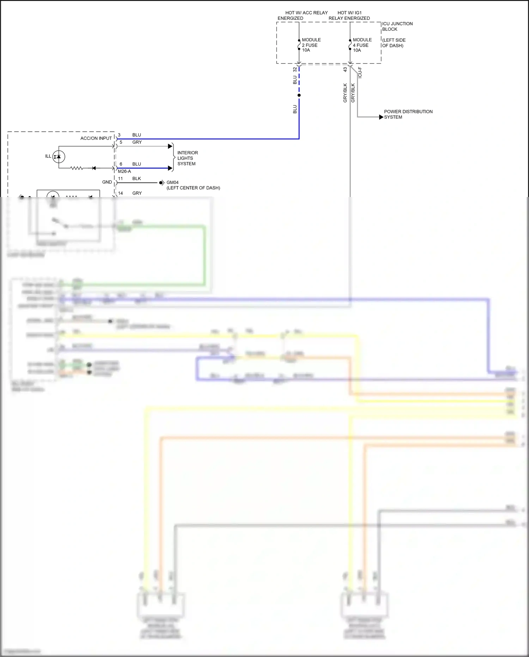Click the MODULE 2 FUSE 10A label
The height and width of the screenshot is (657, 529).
(311, 45)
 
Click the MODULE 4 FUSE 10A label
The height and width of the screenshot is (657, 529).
(362, 45)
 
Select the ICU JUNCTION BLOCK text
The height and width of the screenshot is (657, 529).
(397, 26)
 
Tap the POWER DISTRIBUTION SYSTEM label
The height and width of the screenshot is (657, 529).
(408, 114)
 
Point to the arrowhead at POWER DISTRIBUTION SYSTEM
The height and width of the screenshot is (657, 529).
(381, 117)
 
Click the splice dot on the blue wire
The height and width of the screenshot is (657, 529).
(299, 95)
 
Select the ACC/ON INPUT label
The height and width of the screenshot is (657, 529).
(96, 138)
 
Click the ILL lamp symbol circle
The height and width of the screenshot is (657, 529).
(59, 156)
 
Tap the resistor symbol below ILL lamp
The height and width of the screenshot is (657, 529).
(77, 168)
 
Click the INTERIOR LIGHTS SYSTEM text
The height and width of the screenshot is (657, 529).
(187, 158)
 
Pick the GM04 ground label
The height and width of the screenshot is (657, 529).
(172, 183)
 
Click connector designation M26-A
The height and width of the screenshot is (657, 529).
(124, 171)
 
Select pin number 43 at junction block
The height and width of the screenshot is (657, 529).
(345, 70)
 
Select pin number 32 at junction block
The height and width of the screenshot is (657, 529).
(295, 70)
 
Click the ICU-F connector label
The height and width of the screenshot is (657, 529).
(360, 72)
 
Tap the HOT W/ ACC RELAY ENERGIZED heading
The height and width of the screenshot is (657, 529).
(303, 15)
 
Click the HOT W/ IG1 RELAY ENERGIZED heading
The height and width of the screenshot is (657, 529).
(349, 15)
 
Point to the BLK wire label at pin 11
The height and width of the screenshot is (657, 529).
(136, 179)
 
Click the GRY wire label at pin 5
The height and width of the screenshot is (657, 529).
(137, 142)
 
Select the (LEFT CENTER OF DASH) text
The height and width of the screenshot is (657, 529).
(193, 188)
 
